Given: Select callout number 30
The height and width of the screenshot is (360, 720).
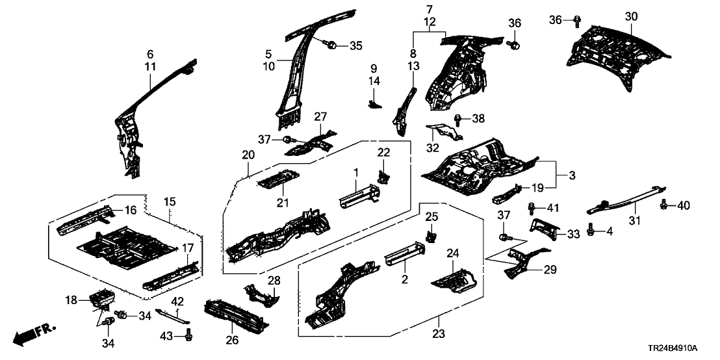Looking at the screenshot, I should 632,16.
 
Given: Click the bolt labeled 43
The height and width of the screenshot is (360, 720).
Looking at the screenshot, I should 189,335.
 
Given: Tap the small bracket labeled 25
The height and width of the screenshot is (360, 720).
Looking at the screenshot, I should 430,237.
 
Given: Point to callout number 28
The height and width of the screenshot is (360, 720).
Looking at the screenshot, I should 274,280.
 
